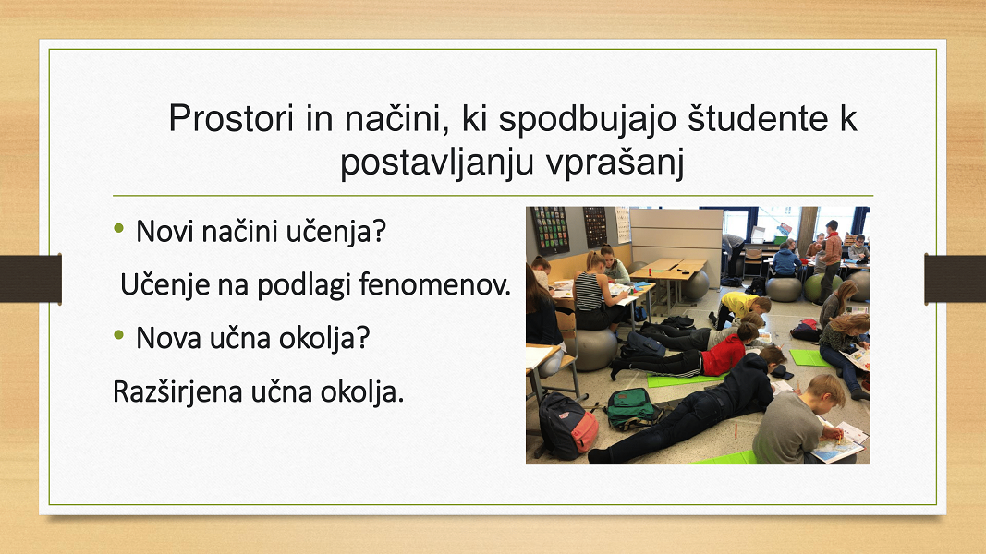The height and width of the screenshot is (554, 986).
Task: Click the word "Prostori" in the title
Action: coord(231,118)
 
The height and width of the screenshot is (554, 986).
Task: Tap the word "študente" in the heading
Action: coord(755,118)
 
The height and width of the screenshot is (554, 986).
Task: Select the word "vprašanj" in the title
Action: coord(615,163)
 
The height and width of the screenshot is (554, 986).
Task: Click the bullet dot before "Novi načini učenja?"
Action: coord(119,229)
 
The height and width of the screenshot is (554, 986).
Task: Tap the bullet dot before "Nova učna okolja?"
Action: coord(119,335)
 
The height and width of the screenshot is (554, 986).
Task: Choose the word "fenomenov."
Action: coord(434,284)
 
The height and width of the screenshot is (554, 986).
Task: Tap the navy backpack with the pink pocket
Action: coord(567,426)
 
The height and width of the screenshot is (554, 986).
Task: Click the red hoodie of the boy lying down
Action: coord(724,355)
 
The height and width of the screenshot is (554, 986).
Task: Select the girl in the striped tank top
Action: coord(592,292)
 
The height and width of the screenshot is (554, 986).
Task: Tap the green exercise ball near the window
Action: coord(815,287)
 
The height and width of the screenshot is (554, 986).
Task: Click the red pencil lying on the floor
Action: coord(735,431)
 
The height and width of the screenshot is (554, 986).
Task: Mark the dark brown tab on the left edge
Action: coord(30,278)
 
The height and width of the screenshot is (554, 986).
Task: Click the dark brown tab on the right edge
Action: coord(956,278)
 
